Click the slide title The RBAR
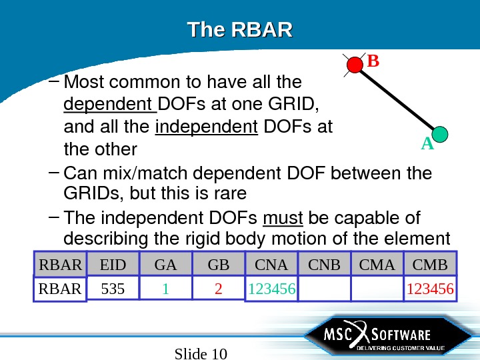(240, 31)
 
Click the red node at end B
(354, 65)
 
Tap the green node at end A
(439, 134)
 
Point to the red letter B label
(373, 62)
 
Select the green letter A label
(427, 144)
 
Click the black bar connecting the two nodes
(397, 100)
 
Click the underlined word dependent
(109, 105)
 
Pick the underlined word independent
(206, 126)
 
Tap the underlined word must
(283, 218)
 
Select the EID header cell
(113, 265)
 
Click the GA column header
(165, 265)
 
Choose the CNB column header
(325, 265)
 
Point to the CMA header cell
(377, 265)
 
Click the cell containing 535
(113, 290)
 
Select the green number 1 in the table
(165, 290)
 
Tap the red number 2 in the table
(218, 290)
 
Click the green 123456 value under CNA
(272, 290)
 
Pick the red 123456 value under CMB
(430, 290)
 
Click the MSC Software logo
(377, 339)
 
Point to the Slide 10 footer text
(201, 353)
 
